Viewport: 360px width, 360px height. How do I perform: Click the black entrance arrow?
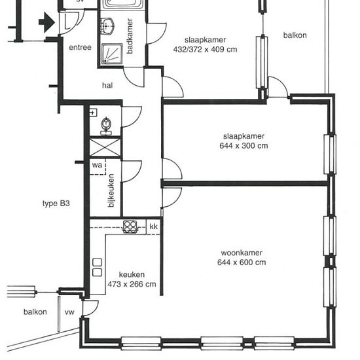point(47,22)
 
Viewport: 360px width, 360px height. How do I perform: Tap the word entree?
point(80,47)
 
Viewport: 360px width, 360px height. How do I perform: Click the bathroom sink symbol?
point(107,26)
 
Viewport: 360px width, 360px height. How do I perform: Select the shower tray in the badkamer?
point(112,54)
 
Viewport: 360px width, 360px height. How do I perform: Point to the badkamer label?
point(130,36)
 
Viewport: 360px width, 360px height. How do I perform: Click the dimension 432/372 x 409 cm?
point(205,49)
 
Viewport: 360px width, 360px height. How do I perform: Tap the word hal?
point(107,85)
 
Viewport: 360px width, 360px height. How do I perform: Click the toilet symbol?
point(106,126)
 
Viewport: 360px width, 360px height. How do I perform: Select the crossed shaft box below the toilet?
point(105,147)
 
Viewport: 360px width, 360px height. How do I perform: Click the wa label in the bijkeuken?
point(97,165)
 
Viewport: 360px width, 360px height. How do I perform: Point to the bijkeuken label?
point(111,190)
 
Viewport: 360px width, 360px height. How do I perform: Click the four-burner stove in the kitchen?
point(130,226)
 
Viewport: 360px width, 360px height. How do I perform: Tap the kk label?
point(154,226)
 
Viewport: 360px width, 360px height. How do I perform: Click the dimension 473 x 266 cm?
point(132,284)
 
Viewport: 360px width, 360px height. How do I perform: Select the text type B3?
point(56,204)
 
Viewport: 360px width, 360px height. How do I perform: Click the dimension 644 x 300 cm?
point(243,146)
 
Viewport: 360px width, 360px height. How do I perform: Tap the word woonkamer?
point(242,253)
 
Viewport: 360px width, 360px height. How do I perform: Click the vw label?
point(69,312)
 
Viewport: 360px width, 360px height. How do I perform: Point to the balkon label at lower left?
point(35,312)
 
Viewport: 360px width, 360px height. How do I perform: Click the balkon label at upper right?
point(295,35)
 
